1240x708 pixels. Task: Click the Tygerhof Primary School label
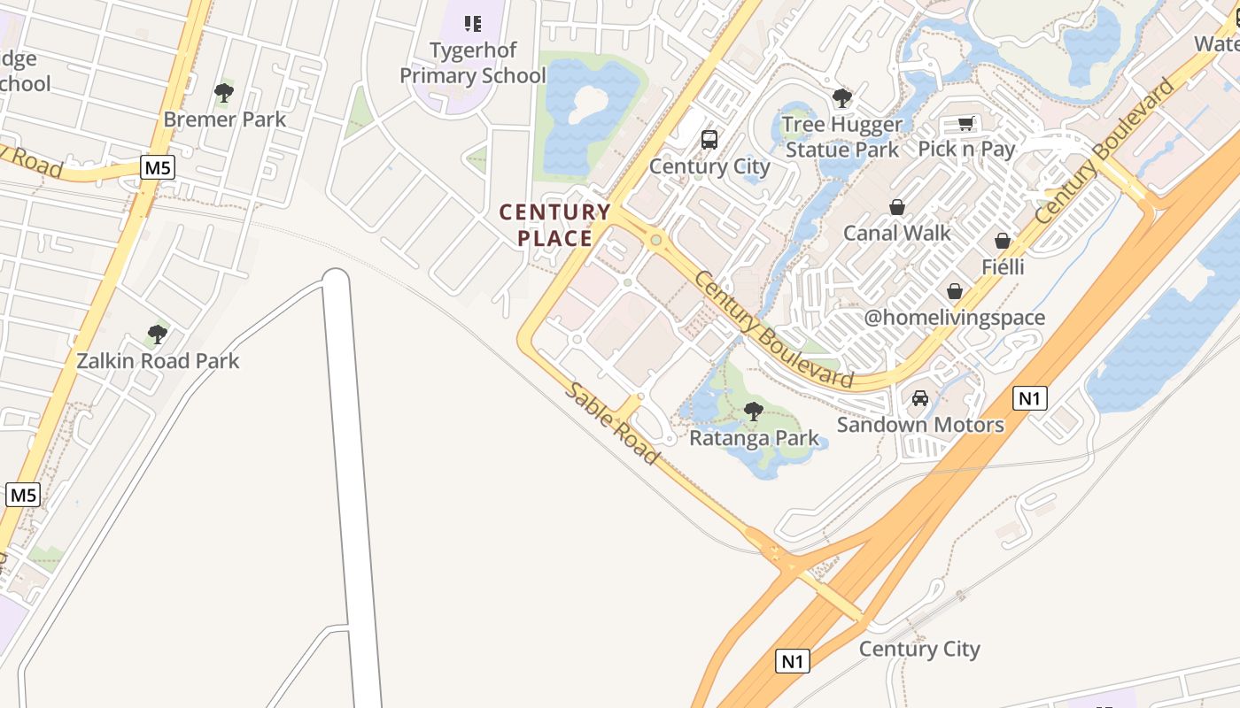pos(473,63)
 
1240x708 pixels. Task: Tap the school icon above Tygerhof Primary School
pos(473,23)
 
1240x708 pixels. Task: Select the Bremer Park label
pos(225,119)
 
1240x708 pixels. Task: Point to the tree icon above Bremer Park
pos(224,92)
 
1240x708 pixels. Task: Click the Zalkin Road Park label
pos(158,361)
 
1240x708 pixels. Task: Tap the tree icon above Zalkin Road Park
pos(158,335)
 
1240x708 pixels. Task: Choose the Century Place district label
pos(555,225)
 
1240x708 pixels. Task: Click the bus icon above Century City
pos(709,139)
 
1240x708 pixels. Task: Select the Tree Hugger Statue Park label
pos(842,136)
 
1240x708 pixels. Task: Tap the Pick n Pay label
pos(966,149)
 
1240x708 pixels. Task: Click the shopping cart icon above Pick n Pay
pos(966,123)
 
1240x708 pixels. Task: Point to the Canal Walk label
pos(897,233)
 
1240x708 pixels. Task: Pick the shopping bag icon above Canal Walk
pos(897,207)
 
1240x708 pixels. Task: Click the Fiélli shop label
pos(1003,266)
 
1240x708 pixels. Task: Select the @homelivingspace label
pos(954,318)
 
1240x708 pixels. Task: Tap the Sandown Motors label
pos(920,425)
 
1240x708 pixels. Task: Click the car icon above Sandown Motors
pos(920,398)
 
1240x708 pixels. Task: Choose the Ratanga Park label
pos(755,438)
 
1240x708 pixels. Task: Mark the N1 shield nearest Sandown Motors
pos(1028,398)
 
